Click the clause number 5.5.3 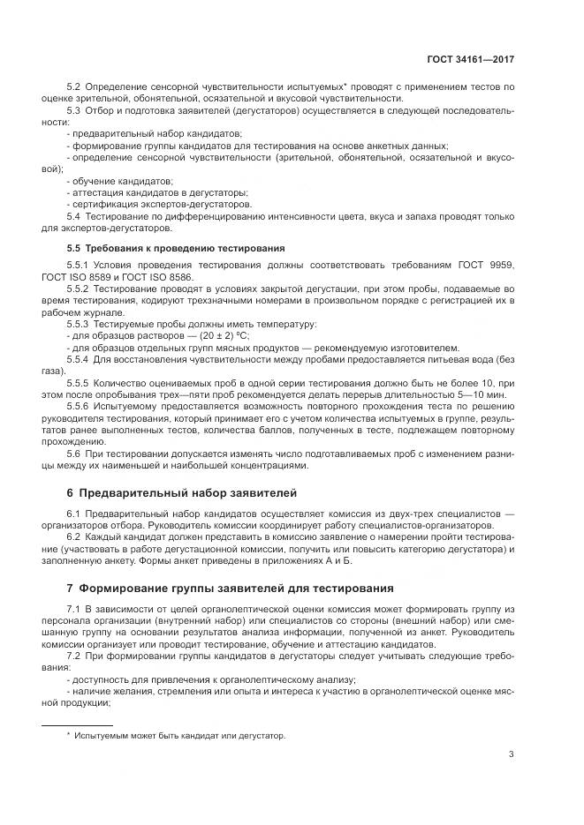click(x=79, y=325)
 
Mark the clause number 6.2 click(x=73, y=536)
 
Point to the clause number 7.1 click(x=73, y=609)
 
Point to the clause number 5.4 click(x=73, y=216)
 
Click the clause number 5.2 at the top click(x=73, y=87)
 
